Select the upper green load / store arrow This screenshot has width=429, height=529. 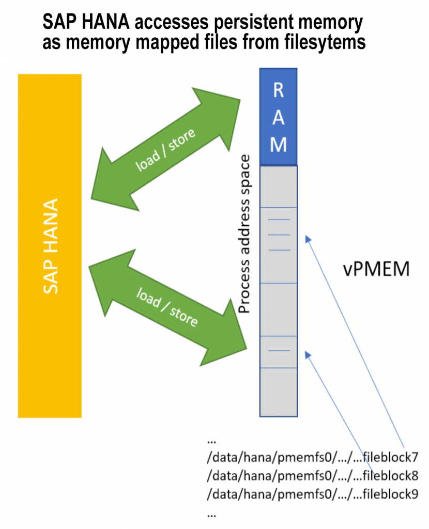pos(166,149)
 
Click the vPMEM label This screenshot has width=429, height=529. pos(376,269)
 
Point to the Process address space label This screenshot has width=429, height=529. pos(246,234)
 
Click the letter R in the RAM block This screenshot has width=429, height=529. pos(278,91)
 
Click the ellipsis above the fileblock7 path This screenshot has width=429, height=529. pos(211,441)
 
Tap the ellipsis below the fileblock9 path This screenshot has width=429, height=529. pos(211,514)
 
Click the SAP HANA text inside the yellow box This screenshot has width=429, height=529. pos(50,245)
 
